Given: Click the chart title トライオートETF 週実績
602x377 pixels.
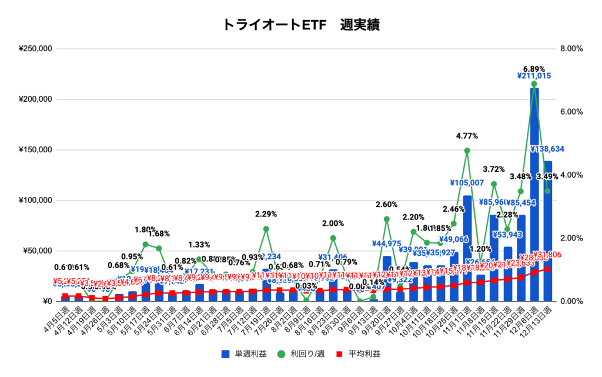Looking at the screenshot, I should (300, 25).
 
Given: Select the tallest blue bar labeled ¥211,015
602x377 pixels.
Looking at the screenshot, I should (534, 194).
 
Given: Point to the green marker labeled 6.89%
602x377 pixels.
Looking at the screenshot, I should (534, 84).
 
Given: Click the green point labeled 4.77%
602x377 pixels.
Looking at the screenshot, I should (467, 151).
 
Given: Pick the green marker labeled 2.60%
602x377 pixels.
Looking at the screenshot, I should (387, 219).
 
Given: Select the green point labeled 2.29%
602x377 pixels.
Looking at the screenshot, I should (266, 229).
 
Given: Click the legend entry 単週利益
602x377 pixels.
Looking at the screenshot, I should (242, 354).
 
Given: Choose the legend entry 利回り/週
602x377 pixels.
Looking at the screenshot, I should (302, 354).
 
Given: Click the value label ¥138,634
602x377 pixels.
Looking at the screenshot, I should (548, 149).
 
